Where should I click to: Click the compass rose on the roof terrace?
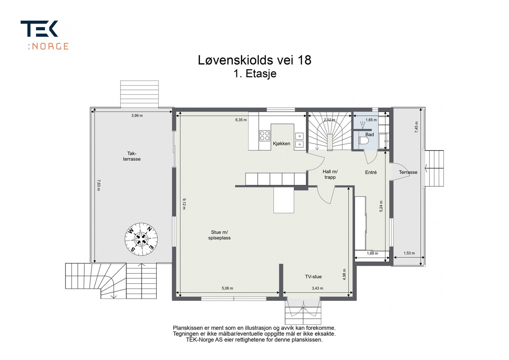point(141,239)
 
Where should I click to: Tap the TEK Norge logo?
point(45,35)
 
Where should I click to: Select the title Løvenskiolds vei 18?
point(254,60)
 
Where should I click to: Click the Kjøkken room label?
point(282,143)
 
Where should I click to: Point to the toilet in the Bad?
point(363,141)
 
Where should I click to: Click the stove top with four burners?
point(265,136)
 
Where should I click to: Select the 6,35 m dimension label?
point(241,120)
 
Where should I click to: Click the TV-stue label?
point(313,277)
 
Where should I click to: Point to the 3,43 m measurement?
point(317,288)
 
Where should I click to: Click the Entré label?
point(371,172)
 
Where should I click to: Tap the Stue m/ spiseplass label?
point(220,235)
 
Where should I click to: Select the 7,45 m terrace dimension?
point(416,127)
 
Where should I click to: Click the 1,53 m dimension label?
point(409,253)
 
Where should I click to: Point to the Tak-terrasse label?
point(132,156)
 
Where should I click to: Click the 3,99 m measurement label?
point(137,115)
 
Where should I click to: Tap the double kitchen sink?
point(299,140)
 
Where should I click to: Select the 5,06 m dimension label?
point(227,288)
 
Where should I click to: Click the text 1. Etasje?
point(254,74)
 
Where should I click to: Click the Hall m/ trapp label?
point(330,174)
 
